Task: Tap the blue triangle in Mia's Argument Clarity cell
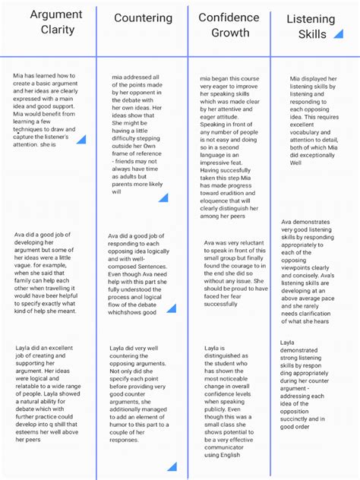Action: (x=81, y=139)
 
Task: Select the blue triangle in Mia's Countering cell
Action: (x=162, y=197)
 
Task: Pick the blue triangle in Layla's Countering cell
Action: (x=172, y=466)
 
